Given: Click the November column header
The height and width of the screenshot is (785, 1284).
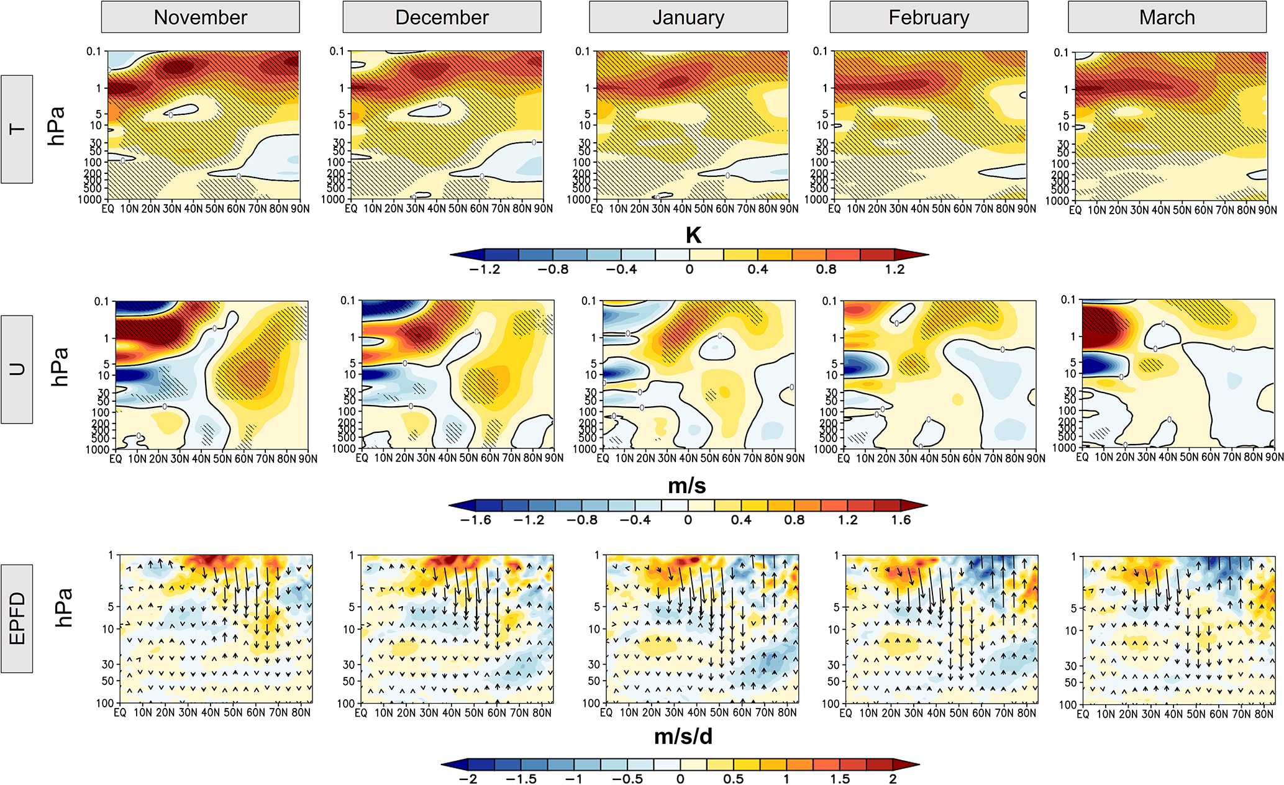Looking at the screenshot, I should pos(200,17).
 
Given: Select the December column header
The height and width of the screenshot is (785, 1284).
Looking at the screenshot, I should pos(442,17).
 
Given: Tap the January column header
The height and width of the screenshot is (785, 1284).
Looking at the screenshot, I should pos(688,17).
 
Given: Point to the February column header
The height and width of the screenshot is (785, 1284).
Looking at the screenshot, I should pos(929,17).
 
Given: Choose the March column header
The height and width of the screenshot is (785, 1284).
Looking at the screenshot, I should pos(1167,17).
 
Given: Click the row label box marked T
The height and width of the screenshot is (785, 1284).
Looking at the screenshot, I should pos(17,129).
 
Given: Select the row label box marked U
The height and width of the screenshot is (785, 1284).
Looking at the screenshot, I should pos(17,370).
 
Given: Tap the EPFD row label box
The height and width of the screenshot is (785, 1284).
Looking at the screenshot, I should pos(17,619).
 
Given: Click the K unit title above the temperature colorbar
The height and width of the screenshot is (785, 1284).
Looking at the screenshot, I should pos(693,235).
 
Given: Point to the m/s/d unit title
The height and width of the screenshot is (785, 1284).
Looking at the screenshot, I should pos(683,737).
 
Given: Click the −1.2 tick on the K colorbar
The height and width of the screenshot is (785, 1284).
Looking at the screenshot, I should pos(485,270).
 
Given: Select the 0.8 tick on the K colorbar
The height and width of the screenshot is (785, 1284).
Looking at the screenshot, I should pos(826,270).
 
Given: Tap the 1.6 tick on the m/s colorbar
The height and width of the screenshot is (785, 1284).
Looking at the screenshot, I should pos(901,520).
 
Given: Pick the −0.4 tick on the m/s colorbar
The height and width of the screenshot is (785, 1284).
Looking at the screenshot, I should pos(635,520).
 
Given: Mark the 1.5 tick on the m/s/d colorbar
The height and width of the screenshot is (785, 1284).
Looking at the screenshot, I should pos(840,779).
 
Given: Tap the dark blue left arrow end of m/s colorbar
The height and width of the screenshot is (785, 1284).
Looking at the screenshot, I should pos(462,506).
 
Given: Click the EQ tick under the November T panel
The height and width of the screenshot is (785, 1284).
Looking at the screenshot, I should pos(108,209).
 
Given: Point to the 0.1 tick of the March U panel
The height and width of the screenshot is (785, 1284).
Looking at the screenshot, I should pos(1068,300).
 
